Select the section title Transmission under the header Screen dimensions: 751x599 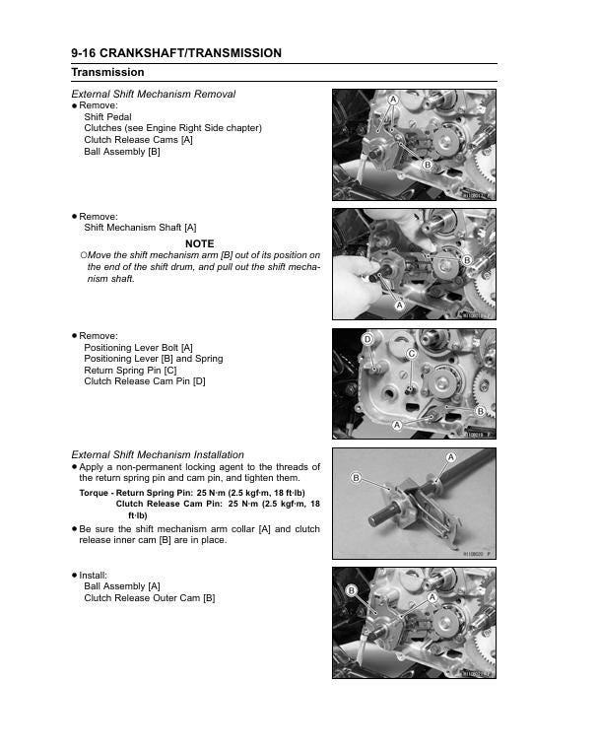tap(107, 73)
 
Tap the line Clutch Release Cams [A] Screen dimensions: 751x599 tap(138, 140)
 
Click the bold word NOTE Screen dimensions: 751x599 tap(199, 243)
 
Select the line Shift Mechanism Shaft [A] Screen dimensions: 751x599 tap(140, 228)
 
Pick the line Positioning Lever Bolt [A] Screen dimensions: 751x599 tap(138, 347)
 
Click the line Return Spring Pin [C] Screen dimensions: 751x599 tap(130, 370)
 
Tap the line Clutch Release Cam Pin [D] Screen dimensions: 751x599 tap(145, 381)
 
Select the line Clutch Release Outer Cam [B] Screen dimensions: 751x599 tap(149, 598)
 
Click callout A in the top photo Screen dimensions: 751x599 tap(392, 101)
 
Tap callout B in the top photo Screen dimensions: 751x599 tap(428, 165)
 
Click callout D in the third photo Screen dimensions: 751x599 tap(366, 339)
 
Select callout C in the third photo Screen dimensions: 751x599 tap(412, 353)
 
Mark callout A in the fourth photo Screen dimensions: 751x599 tap(450, 458)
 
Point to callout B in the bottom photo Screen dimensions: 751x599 tap(351, 590)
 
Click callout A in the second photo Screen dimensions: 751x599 tap(400, 306)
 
